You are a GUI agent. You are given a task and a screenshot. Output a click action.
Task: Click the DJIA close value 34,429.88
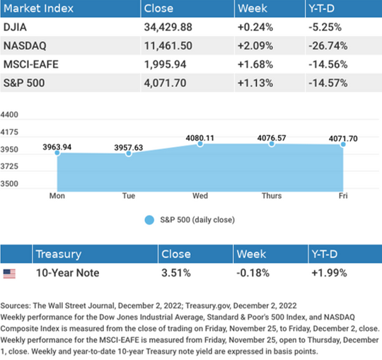coord(168,27)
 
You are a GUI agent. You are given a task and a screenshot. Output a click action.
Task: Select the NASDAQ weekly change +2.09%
coord(255,46)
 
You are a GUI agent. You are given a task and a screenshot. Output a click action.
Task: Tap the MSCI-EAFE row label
coord(31,64)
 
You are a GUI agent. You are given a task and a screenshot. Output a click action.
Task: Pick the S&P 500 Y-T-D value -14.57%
coord(328,83)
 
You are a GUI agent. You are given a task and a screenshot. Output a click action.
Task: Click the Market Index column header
coord(38,8)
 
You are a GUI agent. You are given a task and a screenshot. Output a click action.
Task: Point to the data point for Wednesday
coord(200,144)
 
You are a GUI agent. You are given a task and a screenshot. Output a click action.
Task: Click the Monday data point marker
coord(57,153)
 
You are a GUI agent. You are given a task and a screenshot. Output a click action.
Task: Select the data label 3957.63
coord(129,147)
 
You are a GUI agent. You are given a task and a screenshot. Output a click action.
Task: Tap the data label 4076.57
coord(272,138)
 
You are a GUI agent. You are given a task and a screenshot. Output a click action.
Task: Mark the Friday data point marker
coord(343,144)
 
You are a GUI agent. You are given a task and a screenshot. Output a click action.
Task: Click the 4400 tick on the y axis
coord(9,115)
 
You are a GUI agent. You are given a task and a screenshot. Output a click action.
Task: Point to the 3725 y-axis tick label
coord(9,167)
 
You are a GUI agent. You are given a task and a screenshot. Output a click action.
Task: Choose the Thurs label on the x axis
coord(272,196)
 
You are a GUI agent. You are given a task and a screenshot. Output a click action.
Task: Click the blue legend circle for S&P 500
coord(149,220)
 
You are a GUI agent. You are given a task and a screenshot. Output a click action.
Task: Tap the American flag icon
coord(9,274)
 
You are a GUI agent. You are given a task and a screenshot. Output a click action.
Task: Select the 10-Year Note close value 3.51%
coord(176,273)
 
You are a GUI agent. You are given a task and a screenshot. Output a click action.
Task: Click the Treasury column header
coord(59,255)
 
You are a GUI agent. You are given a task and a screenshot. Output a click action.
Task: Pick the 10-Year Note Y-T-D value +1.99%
coord(329,273)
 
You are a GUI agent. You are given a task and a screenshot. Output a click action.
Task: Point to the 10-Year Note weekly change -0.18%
coord(253,273)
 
